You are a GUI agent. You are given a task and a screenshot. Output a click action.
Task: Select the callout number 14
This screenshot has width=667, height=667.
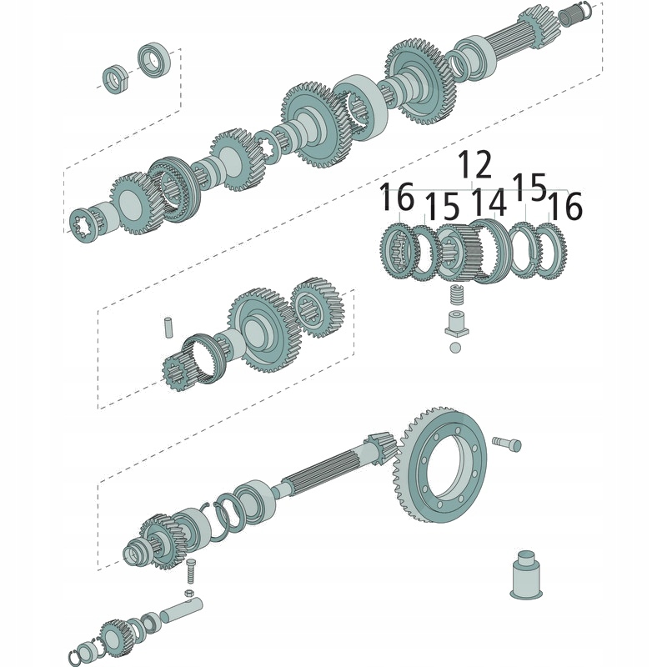tap(489, 203)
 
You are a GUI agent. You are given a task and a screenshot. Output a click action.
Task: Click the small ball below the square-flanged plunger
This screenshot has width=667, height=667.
tap(454, 347)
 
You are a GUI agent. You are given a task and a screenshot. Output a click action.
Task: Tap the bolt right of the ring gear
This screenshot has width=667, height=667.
tap(507, 443)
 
